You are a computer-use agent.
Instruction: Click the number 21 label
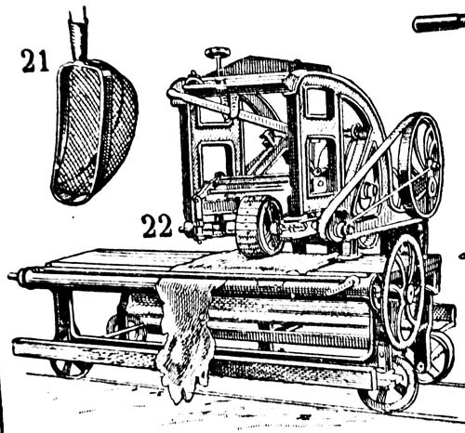pos(35,61)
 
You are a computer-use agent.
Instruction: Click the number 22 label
pos(156,226)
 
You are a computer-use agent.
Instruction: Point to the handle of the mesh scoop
pos(78,33)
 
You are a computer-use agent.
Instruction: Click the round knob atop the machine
pos(218,52)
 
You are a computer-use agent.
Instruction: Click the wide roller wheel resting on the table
pos(259,227)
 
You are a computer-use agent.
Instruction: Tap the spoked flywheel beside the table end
pos(404,292)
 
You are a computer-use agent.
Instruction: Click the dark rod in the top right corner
pos(439,22)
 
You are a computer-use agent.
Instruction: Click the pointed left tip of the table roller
pos(9,275)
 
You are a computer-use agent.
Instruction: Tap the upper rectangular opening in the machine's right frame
pos(316,103)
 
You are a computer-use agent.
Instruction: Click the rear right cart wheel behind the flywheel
pos(437,356)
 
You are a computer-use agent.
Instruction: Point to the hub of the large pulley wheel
pos(432,183)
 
